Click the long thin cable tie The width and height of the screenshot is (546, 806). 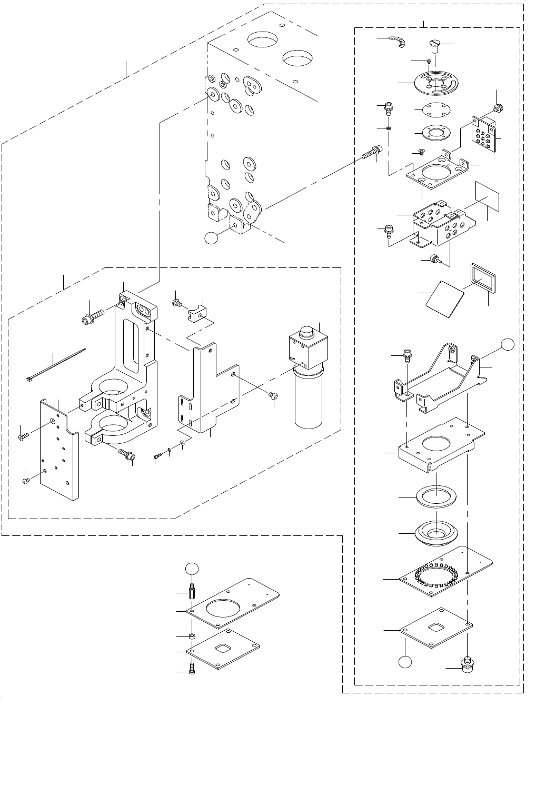[55, 363]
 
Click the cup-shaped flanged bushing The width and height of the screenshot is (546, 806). [436, 532]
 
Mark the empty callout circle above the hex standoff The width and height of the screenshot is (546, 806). [192, 569]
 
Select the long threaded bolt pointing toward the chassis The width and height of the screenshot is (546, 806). [371, 153]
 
